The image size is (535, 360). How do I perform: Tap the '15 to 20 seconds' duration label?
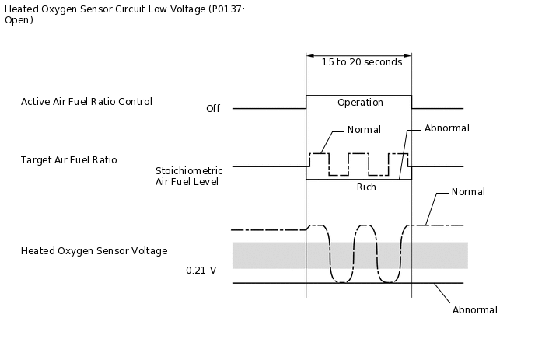359,61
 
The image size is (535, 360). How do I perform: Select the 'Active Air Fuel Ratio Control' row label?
86,102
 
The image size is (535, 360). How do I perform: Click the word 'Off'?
213,109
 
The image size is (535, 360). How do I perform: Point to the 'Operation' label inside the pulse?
360,103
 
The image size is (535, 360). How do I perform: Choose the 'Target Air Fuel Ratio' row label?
68,160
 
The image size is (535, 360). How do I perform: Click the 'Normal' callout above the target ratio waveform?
364,129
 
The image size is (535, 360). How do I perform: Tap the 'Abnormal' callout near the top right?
446,128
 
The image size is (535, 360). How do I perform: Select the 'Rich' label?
366,187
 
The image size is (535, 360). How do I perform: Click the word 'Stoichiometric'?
189,170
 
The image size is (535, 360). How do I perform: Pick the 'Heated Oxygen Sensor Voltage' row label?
94,251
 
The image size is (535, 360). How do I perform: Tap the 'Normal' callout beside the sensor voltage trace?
468,192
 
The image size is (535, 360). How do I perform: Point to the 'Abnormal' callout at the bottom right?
474,310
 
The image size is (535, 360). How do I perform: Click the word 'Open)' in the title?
19,20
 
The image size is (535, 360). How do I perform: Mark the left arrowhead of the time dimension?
309,56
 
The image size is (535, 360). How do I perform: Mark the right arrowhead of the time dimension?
408,56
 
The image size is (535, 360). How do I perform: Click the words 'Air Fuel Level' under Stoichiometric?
187,182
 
